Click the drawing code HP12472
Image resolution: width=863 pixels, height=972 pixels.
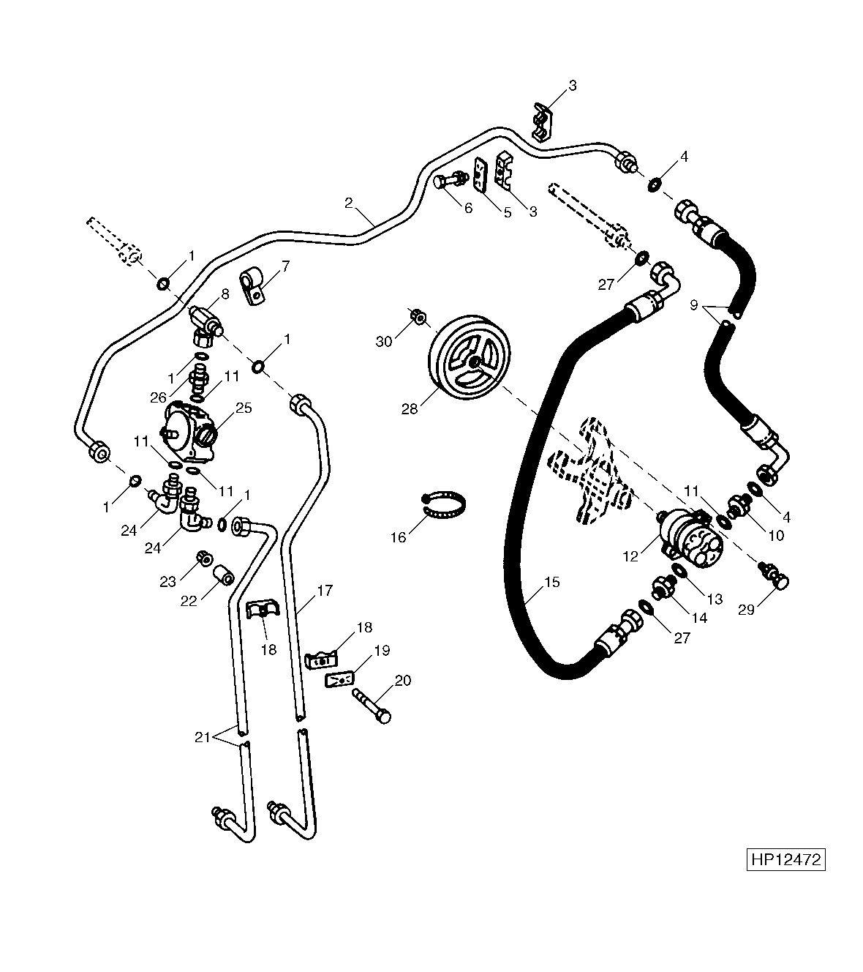pos(785,859)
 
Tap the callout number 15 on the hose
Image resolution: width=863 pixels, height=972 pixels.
pos(552,582)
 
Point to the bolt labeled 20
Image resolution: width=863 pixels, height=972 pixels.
pos(372,706)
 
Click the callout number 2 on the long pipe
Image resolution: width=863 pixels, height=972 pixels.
pos(349,203)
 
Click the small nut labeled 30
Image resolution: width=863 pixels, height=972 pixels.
pos(418,317)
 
